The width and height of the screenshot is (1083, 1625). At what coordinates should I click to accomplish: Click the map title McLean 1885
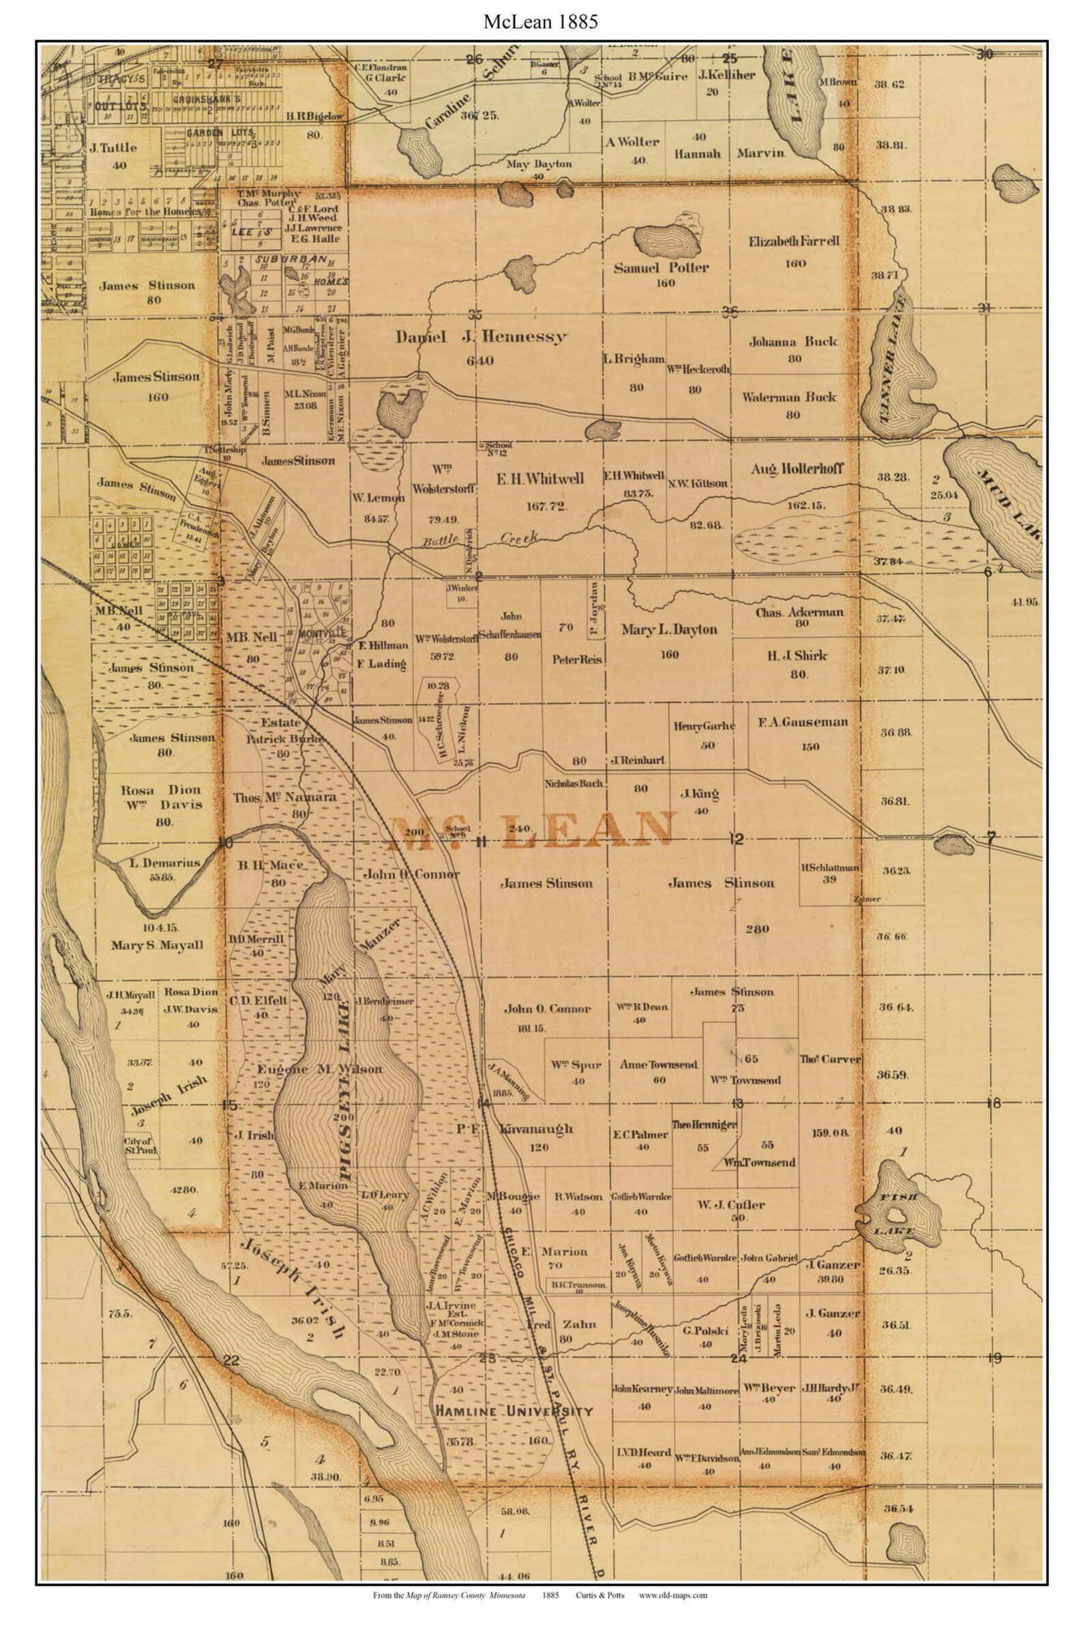tap(540, 22)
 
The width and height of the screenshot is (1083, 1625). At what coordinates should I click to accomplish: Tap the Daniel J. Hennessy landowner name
tap(481, 337)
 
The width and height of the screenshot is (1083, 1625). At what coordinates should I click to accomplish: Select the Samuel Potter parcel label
tap(661, 268)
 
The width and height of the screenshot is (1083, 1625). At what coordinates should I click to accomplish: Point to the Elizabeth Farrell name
tap(794, 241)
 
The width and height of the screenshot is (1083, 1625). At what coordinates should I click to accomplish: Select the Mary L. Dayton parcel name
tap(668, 630)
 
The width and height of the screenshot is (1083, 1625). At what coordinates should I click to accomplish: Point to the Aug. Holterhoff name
tap(797, 469)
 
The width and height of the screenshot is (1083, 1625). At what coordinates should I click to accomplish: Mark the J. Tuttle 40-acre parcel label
tap(113, 148)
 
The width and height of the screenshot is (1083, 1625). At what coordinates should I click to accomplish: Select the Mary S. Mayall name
tap(157, 945)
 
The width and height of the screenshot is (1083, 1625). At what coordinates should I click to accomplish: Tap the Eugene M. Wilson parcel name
tap(319, 1069)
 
